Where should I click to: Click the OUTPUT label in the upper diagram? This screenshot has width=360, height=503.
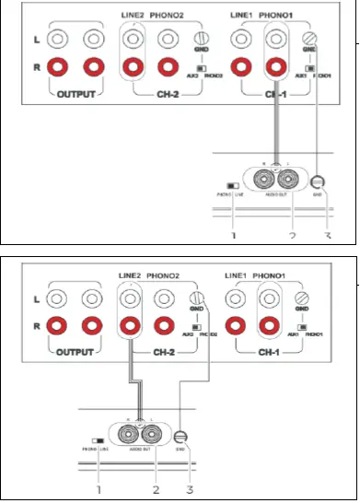(75, 95)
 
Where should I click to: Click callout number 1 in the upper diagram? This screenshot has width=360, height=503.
(233, 236)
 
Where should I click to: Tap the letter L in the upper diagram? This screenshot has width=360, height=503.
(35, 40)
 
